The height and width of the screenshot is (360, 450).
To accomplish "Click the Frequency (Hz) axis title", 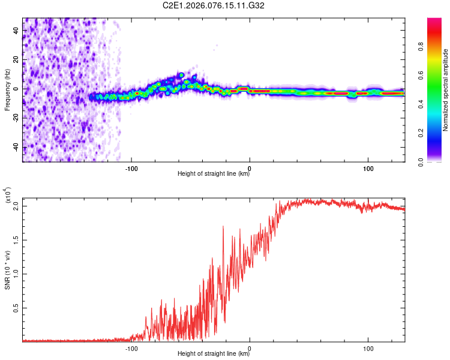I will coord(7,90).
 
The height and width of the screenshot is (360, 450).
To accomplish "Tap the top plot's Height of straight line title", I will coord(214,175).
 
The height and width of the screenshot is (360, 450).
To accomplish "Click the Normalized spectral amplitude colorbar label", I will coord(446,90).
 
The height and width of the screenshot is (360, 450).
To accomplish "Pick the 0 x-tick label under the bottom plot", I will coord(250,347).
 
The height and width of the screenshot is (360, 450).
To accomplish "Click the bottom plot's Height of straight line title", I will coord(214,354).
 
